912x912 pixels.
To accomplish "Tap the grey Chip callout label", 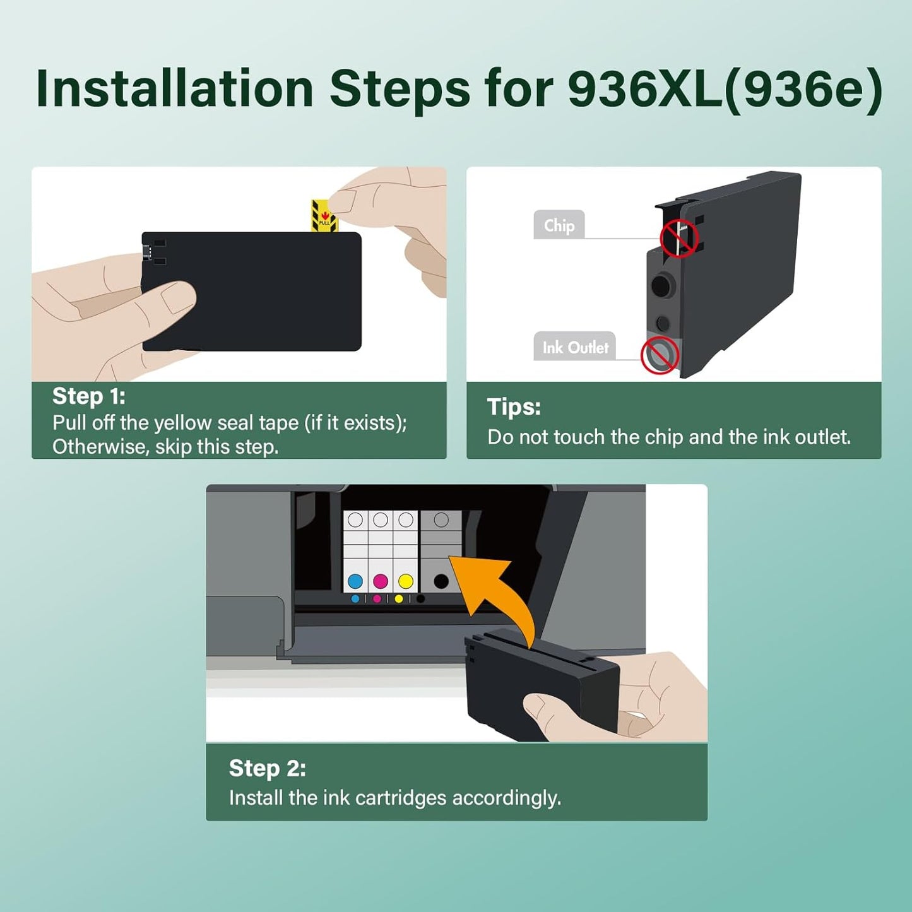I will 559,225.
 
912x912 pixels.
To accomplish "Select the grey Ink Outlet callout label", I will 574,347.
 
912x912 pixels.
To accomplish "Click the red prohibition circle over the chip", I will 678,238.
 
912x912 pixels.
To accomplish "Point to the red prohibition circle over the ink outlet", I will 660,355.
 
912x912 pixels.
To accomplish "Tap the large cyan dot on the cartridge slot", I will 355,581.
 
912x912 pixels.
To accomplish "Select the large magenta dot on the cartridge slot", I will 381,581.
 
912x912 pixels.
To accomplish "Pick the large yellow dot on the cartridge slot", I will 406,581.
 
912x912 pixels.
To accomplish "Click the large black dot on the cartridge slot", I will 441,581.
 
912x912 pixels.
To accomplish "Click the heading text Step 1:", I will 89,396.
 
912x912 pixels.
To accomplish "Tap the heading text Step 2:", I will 267,768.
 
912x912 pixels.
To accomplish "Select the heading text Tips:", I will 514,407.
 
